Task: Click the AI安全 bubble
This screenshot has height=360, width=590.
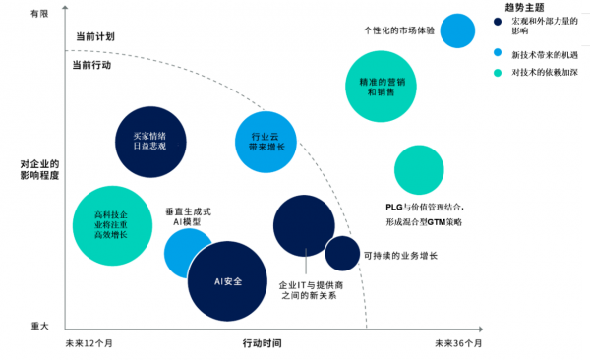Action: pos(226,281)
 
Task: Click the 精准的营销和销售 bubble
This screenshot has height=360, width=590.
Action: pos(381,86)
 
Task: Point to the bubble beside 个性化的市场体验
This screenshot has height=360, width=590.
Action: pos(459,30)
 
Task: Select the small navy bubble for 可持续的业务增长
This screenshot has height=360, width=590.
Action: pos(342,253)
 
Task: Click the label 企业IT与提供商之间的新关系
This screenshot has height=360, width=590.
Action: pos(310,289)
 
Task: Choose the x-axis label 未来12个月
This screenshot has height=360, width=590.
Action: pos(89,343)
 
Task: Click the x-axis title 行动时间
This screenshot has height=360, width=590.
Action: pos(263,343)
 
